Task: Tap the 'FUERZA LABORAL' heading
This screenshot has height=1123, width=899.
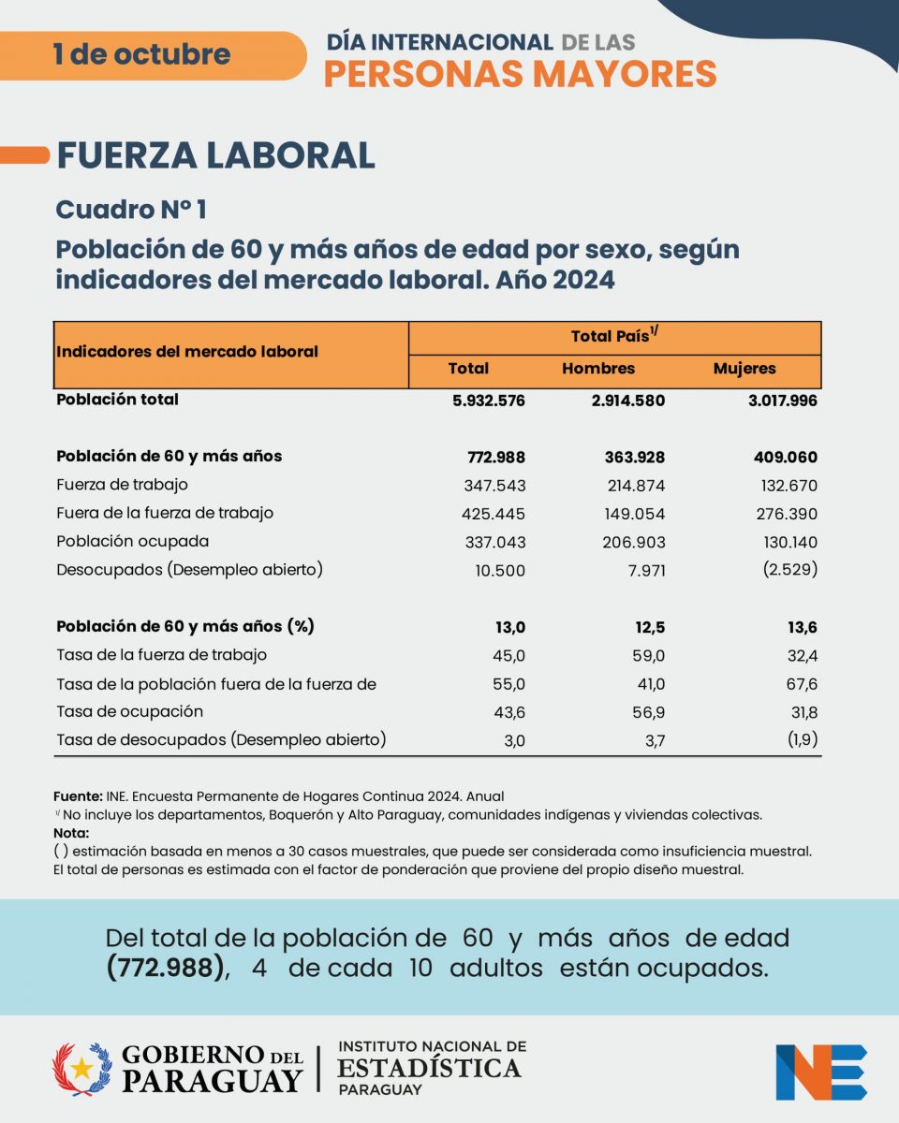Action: tap(216, 155)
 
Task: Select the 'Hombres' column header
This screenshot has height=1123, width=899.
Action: tap(598, 369)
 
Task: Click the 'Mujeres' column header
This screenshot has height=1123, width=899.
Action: tap(744, 369)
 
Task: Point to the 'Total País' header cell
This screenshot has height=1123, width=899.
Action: tap(614, 337)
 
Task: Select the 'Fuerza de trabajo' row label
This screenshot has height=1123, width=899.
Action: tap(123, 485)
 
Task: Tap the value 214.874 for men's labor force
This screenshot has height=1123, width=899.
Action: tap(632, 486)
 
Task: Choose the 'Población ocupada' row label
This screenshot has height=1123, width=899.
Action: tap(133, 541)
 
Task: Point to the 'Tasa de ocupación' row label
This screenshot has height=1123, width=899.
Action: tap(130, 711)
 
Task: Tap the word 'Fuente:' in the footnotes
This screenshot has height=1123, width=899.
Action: tap(78, 796)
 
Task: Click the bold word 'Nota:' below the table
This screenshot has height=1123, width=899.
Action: tap(71, 833)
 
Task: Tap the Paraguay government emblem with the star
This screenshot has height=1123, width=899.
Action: tap(81, 1069)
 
